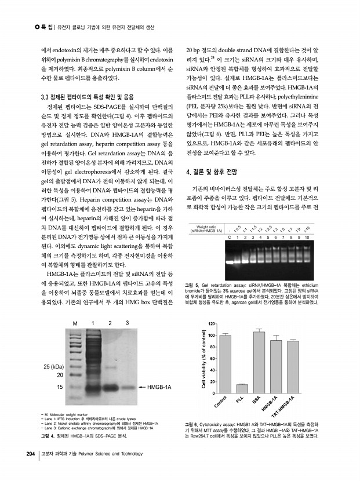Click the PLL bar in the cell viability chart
[x=242, y=389]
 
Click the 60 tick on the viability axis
[x=213, y=359]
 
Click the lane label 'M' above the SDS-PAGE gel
[x=74, y=323]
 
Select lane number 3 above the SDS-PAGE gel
[x=127, y=322]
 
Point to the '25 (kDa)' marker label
[x=53, y=367]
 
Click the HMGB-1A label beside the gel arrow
[x=160, y=386]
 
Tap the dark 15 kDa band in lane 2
[x=110, y=386]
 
